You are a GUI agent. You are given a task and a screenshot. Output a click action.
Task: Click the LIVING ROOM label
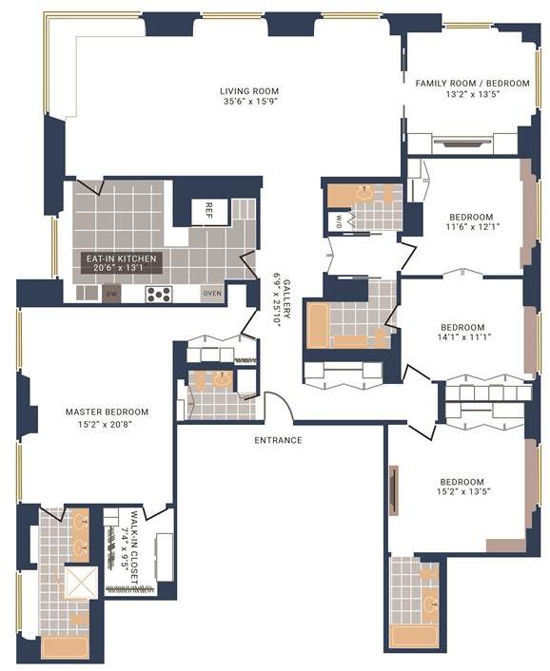tap(250, 91)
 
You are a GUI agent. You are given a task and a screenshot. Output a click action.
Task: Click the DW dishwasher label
tap(112, 294)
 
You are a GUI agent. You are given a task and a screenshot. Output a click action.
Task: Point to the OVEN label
tap(212, 294)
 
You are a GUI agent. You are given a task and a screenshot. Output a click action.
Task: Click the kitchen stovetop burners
tap(158, 294)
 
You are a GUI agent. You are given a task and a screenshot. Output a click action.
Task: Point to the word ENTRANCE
tap(279, 440)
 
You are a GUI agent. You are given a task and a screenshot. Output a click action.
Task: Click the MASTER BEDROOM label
tap(107, 412)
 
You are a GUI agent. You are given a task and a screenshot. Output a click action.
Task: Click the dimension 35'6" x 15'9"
tap(250, 103)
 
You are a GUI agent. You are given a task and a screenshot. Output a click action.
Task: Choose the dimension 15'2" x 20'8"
tap(107, 424)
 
